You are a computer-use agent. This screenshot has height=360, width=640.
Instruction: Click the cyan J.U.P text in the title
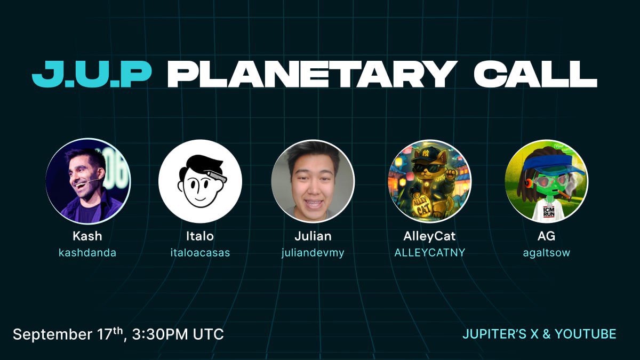pyautogui.click(x=91, y=74)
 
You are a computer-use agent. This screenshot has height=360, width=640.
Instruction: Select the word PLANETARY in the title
pyautogui.click(x=311, y=74)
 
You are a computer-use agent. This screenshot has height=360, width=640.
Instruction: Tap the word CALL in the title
pyautogui.click(x=535, y=74)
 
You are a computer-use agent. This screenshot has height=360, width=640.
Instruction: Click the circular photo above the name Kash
pyautogui.click(x=87, y=181)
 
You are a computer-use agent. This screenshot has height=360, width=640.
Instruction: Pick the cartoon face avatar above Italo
pyautogui.click(x=201, y=181)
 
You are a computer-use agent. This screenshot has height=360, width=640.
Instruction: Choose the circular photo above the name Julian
pyautogui.click(x=313, y=181)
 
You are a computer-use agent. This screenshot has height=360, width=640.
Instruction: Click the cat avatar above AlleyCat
pyautogui.click(x=430, y=181)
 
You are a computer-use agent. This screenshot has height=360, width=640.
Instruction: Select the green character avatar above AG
pyautogui.click(x=547, y=181)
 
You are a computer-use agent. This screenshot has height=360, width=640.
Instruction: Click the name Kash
pyautogui.click(x=87, y=236)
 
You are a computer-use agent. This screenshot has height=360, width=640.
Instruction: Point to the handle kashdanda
pyautogui.click(x=87, y=253)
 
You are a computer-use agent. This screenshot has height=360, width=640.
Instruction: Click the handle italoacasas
pyautogui.click(x=201, y=253)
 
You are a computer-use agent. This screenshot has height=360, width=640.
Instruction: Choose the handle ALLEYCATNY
pyautogui.click(x=430, y=253)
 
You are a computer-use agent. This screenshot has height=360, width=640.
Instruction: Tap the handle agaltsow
pyautogui.click(x=547, y=253)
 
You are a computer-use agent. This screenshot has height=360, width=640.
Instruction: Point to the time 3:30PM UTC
pyautogui.click(x=178, y=334)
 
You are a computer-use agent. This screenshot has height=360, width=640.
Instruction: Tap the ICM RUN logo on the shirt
pyautogui.click(x=549, y=212)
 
